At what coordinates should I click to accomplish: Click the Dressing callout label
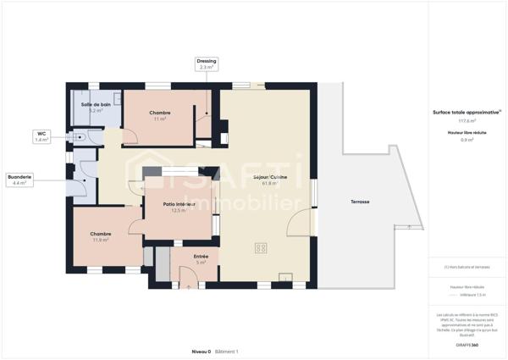(207, 64)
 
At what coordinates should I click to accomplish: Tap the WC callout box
(41, 136)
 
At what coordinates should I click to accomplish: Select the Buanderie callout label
(19, 180)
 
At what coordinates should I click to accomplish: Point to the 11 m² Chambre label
(160, 116)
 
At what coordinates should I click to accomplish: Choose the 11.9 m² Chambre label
(101, 237)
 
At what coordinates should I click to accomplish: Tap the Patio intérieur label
(178, 207)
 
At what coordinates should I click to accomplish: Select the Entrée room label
(201, 259)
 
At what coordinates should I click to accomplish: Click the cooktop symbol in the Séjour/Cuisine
(261, 248)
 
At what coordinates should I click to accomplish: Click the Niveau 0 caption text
(201, 351)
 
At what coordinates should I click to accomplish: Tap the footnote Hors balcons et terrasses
(461, 267)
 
